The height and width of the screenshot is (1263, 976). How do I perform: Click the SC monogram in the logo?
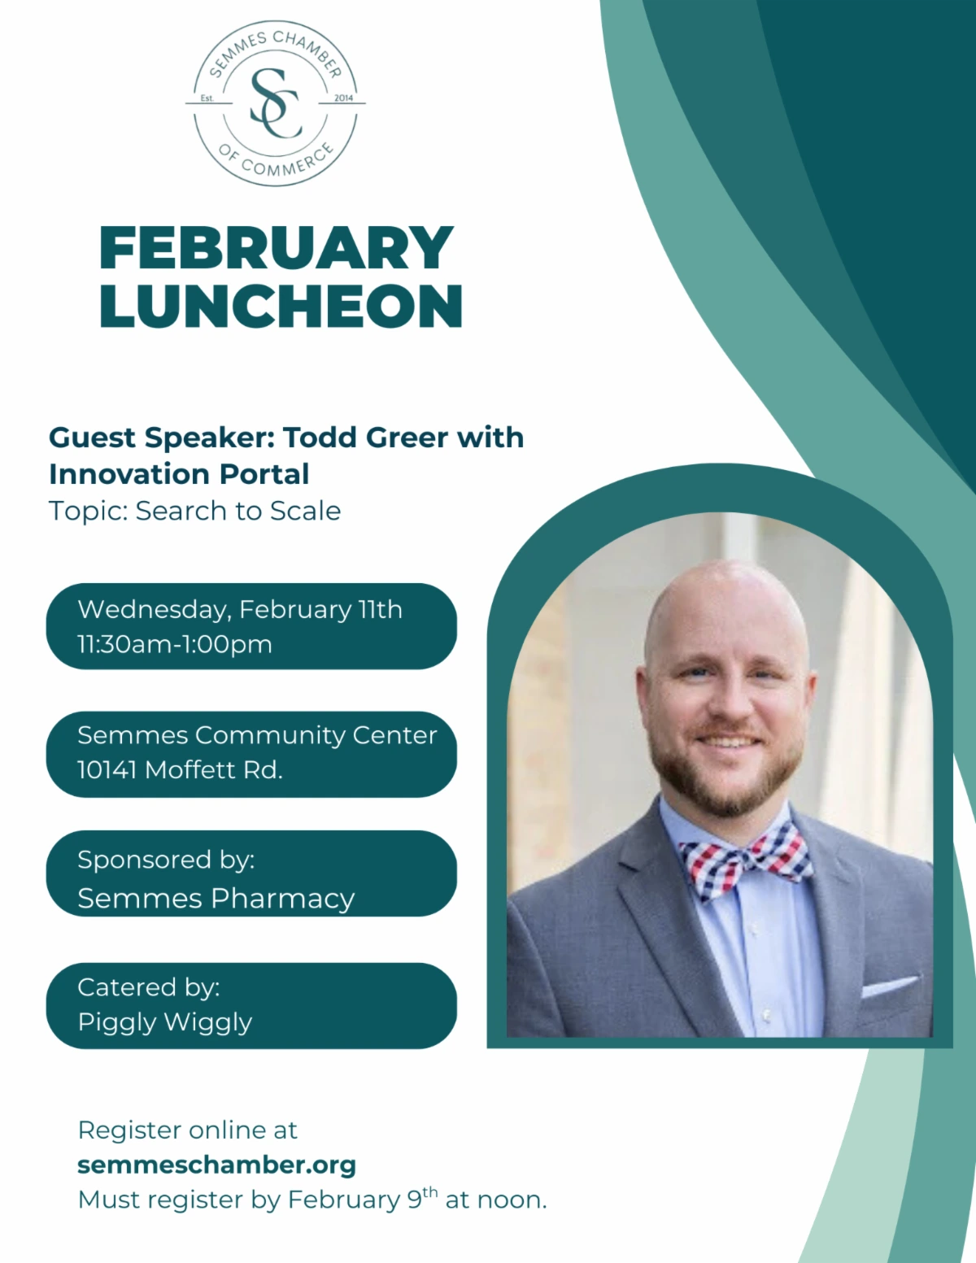[x=276, y=103]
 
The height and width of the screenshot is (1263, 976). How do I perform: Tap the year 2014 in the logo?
[x=343, y=98]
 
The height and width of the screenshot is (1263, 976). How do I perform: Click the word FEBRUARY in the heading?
[x=276, y=248]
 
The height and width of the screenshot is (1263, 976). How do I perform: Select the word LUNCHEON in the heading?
[x=281, y=307]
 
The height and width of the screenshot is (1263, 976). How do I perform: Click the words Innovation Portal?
[x=179, y=474]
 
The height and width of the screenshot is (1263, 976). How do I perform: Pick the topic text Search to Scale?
[x=237, y=511]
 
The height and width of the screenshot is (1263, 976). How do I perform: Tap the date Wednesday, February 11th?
[x=240, y=609]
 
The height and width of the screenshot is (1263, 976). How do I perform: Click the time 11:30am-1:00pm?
[x=175, y=644]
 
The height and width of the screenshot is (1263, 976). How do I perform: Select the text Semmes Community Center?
[x=257, y=735]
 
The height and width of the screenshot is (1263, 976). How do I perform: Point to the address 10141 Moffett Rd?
[x=180, y=769]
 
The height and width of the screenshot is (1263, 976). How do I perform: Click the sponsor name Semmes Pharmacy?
[x=216, y=899]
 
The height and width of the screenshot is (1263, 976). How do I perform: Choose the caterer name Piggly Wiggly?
[x=165, y=1022]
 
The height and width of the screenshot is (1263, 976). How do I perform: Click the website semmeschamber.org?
[x=216, y=1165]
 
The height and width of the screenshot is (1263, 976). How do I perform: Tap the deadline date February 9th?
[x=363, y=1199]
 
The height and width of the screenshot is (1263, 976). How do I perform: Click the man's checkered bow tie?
[x=744, y=861]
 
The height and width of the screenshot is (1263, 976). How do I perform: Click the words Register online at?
[x=187, y=1130]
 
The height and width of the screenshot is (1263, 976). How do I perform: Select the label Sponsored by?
[x=166, y=860]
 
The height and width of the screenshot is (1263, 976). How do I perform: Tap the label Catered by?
[x=149, y=986]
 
